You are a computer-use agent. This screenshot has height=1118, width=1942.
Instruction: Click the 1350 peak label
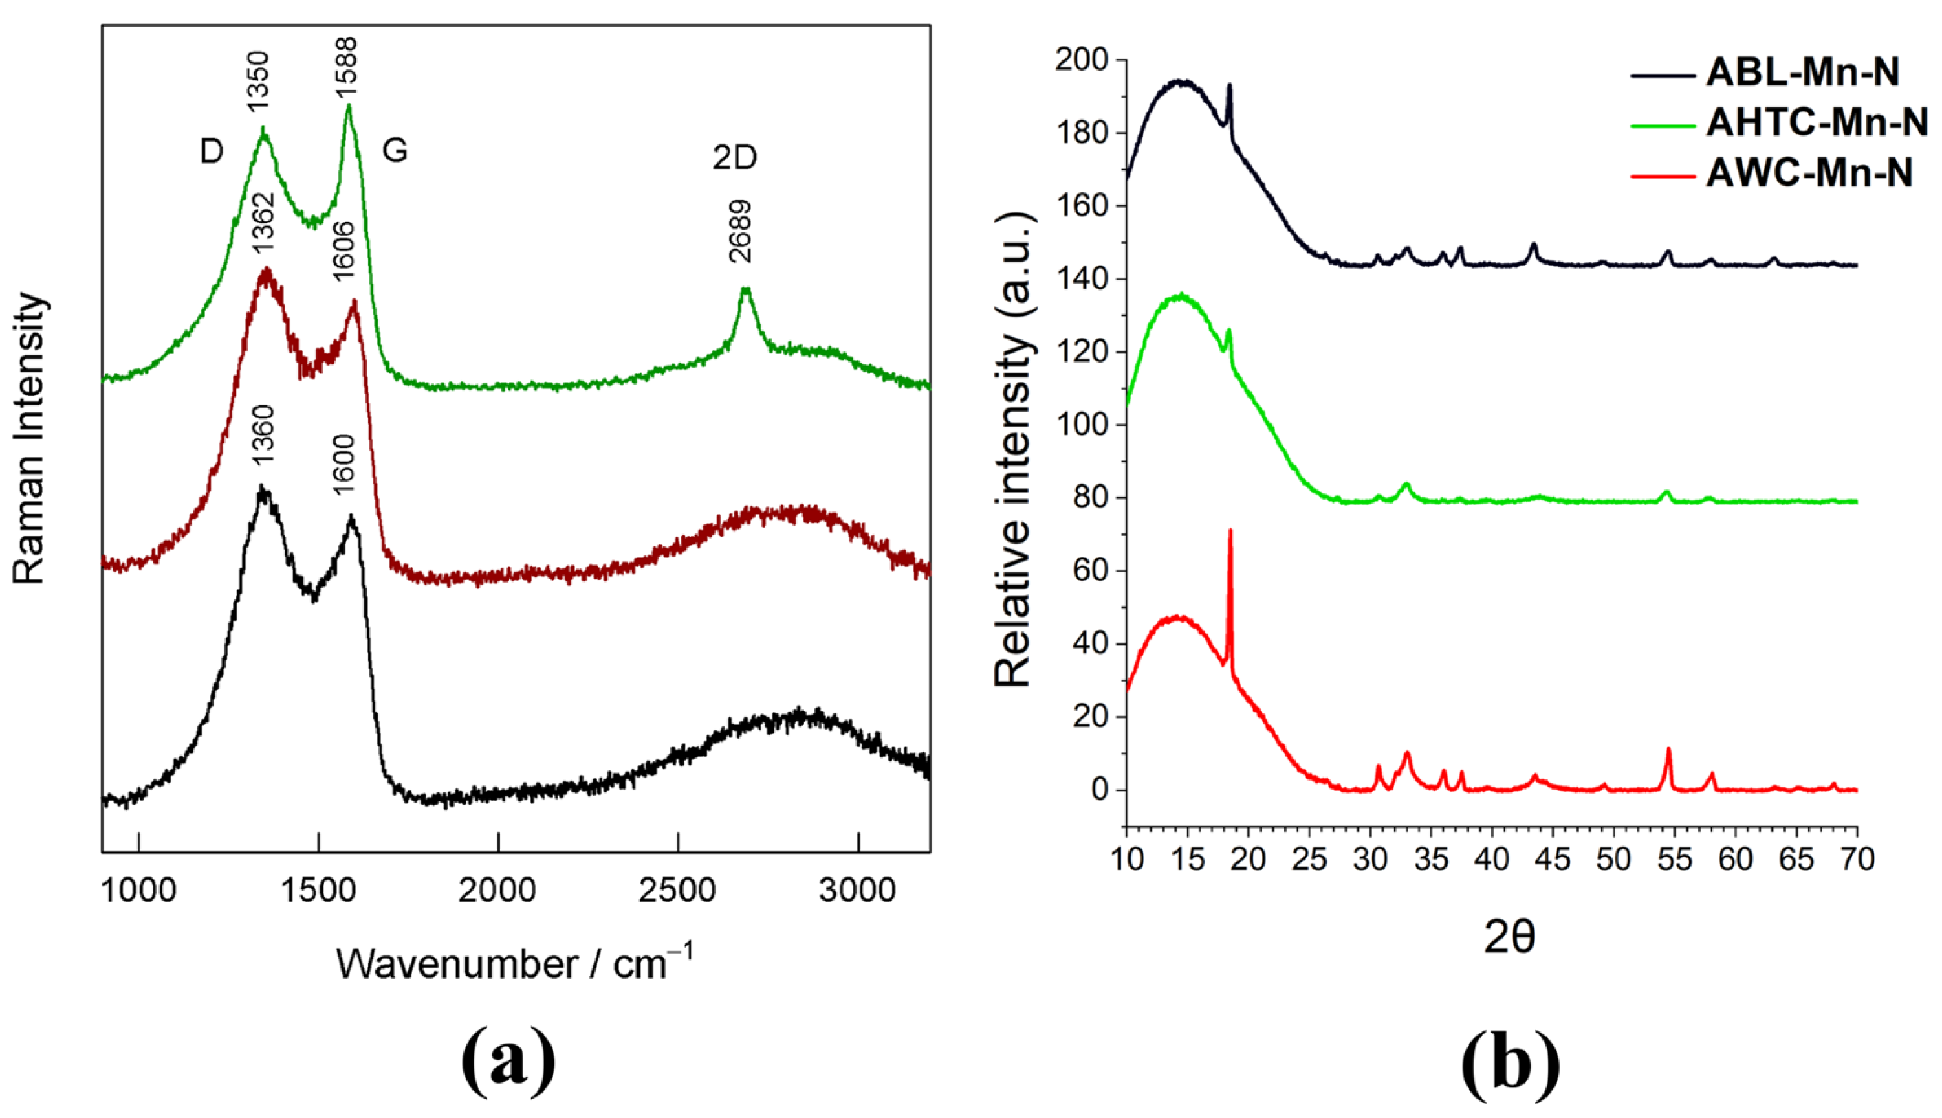(259, 80)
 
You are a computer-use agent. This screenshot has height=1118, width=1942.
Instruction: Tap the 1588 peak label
(347, 67)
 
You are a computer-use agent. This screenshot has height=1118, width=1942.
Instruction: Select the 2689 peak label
(741, 231)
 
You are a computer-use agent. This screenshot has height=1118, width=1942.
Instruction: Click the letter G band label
(395, 150)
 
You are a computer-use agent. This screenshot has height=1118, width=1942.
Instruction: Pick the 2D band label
(734, 157)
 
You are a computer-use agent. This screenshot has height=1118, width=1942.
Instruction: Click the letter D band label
(211, 152)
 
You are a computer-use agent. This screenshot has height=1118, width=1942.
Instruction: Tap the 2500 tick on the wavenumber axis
(677, 891)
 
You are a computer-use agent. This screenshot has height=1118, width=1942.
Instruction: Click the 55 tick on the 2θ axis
(1674, 858)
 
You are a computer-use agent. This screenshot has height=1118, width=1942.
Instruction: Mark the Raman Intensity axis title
(31, 438)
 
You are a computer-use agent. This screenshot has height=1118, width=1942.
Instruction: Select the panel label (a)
(509, 1063)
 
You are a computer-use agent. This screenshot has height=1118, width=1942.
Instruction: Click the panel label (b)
(1510, 1063)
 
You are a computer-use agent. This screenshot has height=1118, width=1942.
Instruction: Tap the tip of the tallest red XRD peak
(1230, 530)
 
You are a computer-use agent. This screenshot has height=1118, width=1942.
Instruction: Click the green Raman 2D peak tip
(743, 289)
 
